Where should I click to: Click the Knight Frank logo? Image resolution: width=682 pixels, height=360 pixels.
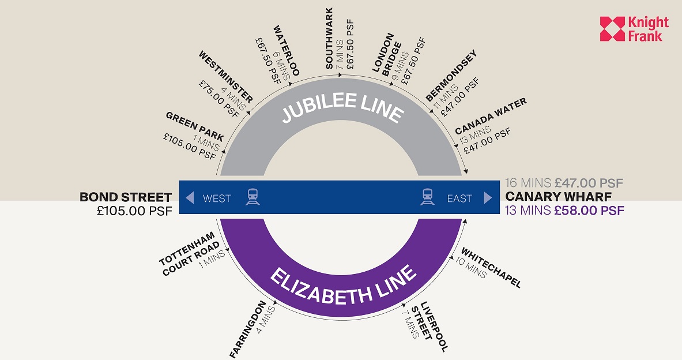(x=634, y=29)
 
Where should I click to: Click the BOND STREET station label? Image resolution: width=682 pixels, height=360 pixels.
(x=126, y=197)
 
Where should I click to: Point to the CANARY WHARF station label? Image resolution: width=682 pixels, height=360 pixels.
(x=559, y=197)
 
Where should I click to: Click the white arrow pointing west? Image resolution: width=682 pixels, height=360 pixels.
(x=190, y=198)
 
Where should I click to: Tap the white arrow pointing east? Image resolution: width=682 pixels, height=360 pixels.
(x=488, y=198)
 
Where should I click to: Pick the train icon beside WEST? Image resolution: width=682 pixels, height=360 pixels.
(x=253, y=197)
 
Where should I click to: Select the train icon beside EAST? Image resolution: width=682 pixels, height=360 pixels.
(x=427, y=197)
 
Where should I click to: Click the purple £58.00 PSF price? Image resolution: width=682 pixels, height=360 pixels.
(x=589, y=211)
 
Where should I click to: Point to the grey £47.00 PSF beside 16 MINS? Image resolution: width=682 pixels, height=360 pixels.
(x=589, y=183)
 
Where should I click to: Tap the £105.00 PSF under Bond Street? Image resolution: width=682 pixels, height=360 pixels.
(x=135, y=211)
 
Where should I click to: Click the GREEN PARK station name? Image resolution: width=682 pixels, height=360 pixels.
(x=195, y=127)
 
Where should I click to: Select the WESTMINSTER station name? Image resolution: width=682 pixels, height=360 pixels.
(x=225, y=77)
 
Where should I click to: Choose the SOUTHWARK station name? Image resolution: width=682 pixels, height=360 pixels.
(x=329, y=38)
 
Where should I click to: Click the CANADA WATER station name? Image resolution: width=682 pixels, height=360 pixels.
(x=491, y=116)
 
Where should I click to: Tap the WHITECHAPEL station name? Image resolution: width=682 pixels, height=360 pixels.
(x=491, y=268)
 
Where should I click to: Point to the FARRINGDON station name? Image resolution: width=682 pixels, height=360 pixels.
(x=247, y=329)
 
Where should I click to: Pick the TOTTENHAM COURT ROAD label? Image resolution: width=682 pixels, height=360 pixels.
(x=189, y=254)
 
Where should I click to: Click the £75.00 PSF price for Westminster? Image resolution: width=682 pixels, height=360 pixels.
(x=219, y=99)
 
